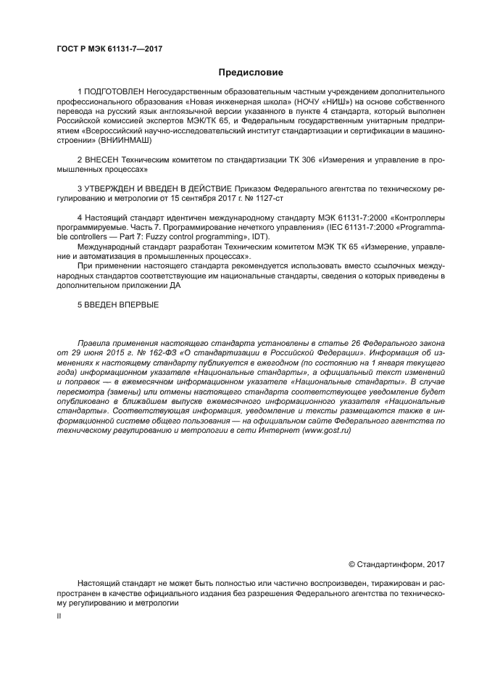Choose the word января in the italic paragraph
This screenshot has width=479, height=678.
(x=385, y=361)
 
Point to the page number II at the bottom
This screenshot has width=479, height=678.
(x=59, y=616)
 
